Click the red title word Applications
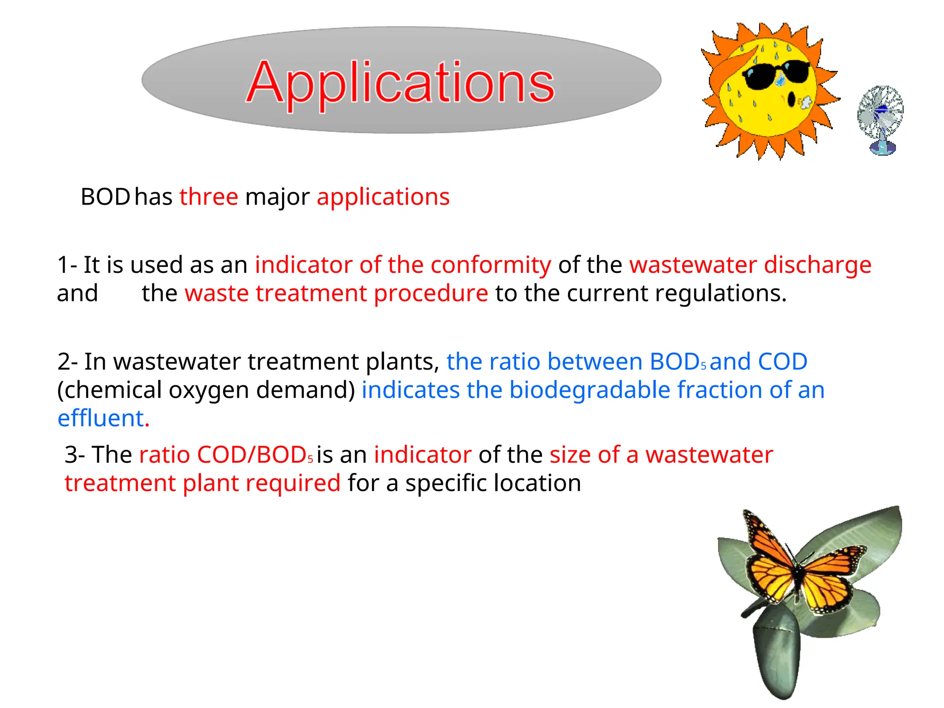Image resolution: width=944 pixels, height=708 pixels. [x=400, y=83]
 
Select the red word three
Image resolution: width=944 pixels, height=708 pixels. [x=209, y=197]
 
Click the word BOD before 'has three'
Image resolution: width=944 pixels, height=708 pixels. [x=105, y=197]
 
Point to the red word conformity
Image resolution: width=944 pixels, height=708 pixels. [x=490, y=265]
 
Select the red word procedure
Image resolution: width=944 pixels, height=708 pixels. [x=431, y=294]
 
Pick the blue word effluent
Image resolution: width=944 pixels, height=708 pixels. [x=100, y=418]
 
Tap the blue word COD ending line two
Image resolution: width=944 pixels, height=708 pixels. [x=782, y=361]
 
